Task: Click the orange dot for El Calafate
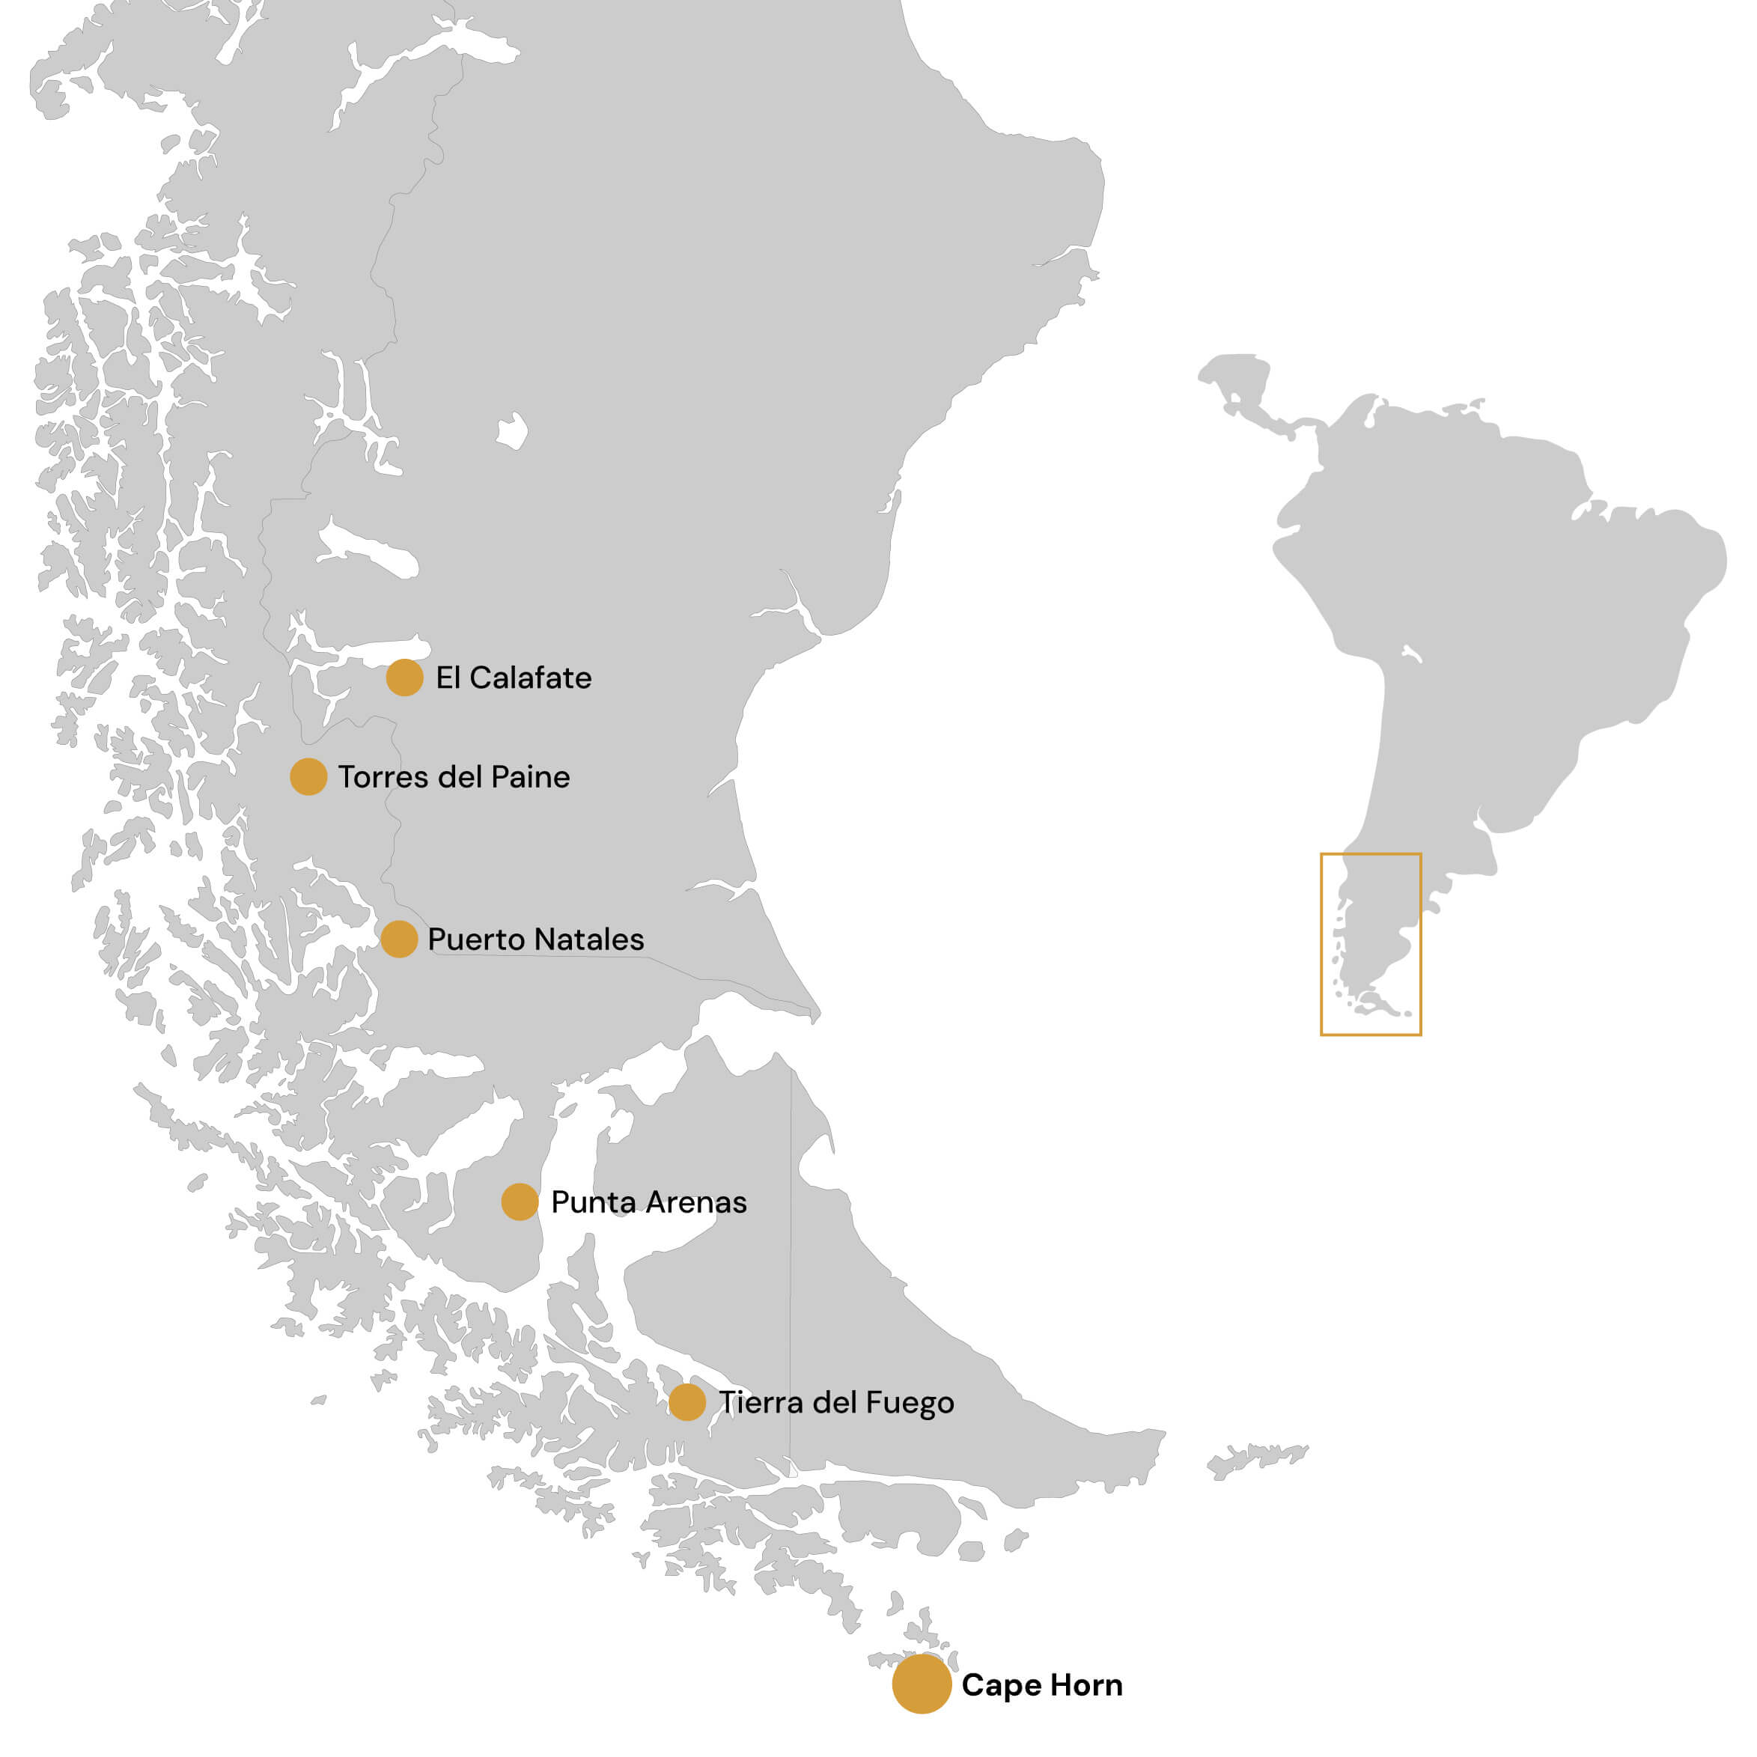pos(404,677)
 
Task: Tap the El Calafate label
pos(513,678)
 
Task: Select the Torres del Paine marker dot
pos(308,776)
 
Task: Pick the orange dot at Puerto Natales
pos(398,939)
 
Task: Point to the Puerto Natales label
pos(536,940)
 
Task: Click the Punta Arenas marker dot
pos(520,1202)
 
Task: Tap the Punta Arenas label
pos(648,1202)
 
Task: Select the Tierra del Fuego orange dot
pos(686,1402)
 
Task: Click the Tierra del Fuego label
pos(835,1403)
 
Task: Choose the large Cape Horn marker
pos(922,1684)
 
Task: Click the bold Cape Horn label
pos(1041,1685)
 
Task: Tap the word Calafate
pos(530,678)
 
